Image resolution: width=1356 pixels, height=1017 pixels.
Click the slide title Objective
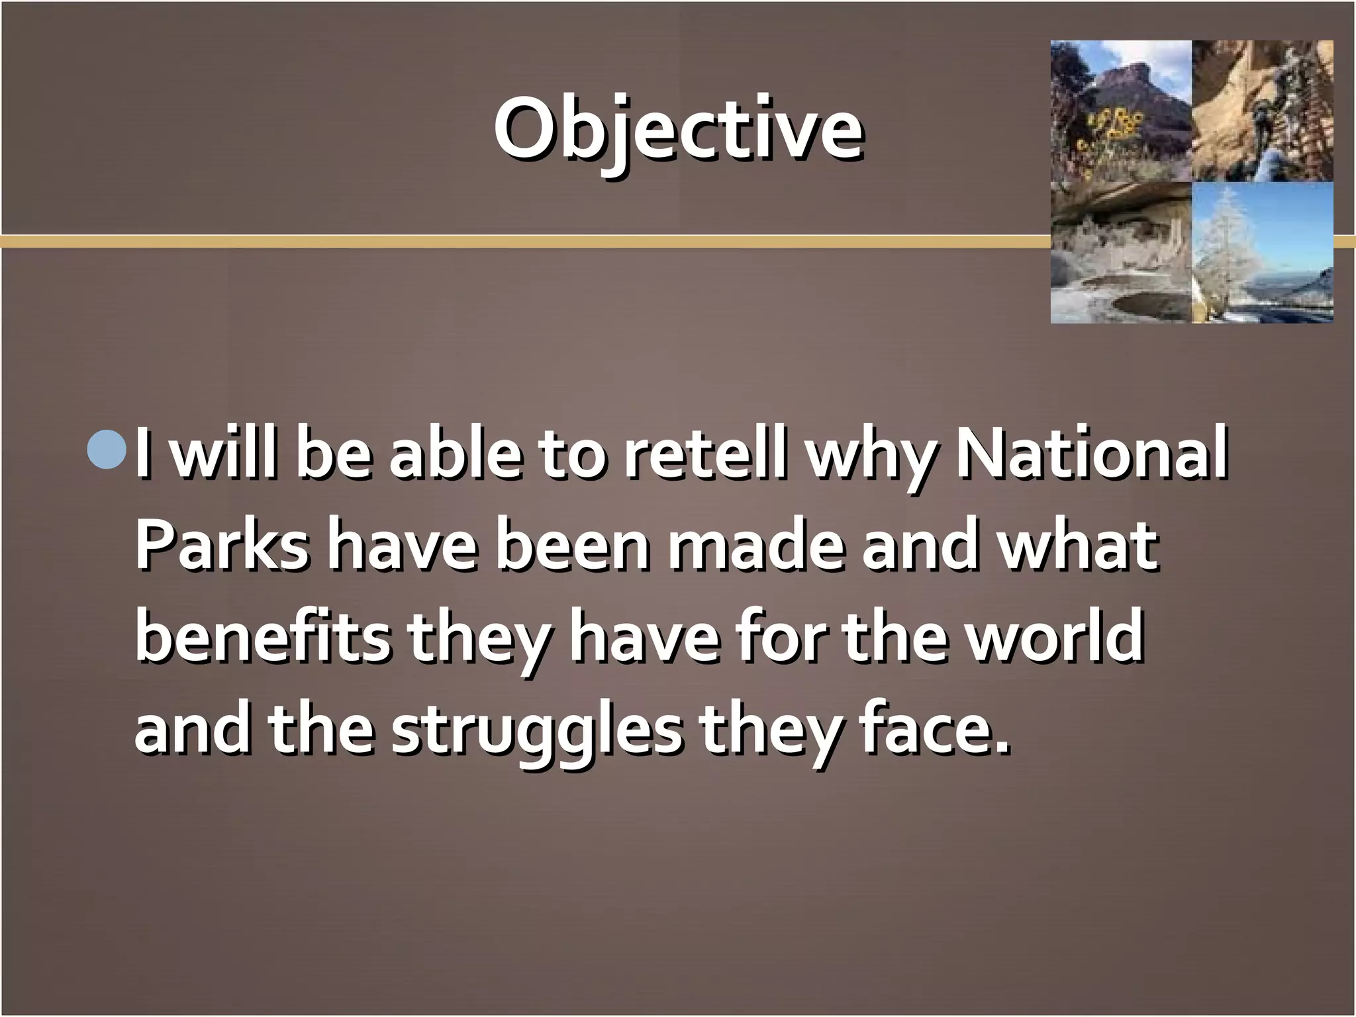click(x=678, y=129)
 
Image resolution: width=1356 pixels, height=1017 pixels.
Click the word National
click(x=1092, y=455)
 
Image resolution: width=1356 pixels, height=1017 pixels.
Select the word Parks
click(x=222, y=548)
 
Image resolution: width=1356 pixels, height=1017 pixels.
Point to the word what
click(x=1079, y=548)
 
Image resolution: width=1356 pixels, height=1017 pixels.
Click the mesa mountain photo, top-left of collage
click(x=1121, y=111)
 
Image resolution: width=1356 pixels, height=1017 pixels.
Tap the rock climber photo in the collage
click(x=1262, y=111)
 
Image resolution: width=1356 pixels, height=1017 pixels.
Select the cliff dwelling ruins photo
click(x=1121, y=253)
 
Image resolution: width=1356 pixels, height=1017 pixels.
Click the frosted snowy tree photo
click(x=1262, y=253)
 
